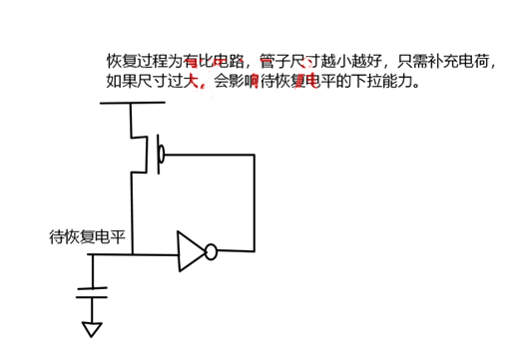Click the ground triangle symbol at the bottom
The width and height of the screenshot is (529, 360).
93,328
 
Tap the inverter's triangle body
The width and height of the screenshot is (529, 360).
190,252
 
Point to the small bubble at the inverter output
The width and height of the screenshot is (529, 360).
211,253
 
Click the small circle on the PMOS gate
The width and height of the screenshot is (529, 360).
161,155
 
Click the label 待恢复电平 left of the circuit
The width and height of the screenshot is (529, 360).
88,237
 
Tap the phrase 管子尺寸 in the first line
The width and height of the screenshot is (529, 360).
293,61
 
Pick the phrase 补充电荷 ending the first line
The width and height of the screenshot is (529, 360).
463,61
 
